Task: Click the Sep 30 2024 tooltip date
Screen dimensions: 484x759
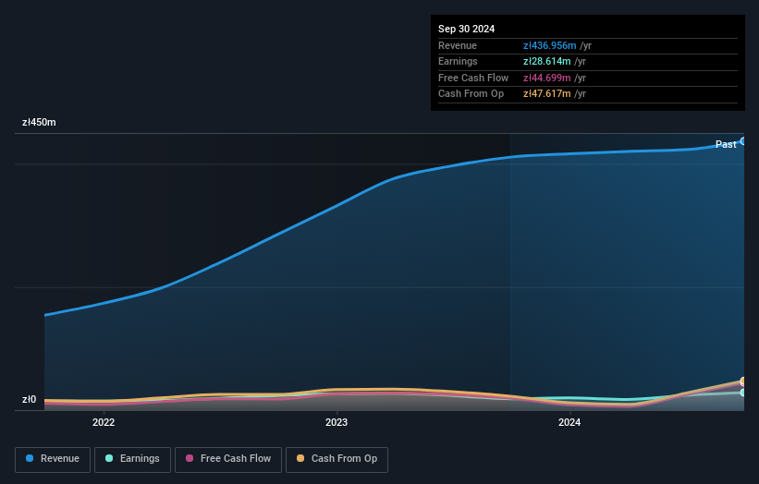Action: point(466,29)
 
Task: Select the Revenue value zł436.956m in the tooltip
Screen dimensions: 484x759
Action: point(550,45)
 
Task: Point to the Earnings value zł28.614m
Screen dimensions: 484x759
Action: point(547,62)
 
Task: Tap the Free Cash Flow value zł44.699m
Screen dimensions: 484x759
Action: point(547,78)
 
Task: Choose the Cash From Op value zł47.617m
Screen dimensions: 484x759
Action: point(547,94)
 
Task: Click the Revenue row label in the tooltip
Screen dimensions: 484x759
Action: point(458,45)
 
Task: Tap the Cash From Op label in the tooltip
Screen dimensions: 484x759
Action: point(471,94)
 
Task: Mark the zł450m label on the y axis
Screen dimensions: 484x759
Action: point(39,122)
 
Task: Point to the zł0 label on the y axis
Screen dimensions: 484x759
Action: point(30,400)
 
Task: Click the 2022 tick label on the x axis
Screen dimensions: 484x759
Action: point(104,423)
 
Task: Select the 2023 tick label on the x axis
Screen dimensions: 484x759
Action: point(337,423)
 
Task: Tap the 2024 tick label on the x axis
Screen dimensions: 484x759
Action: point(569,423)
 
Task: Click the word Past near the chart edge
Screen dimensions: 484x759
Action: point(726,144)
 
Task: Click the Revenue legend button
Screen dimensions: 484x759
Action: point(54,459)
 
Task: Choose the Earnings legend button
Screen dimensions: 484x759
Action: point(132,459)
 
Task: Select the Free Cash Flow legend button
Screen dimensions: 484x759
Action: point(228,459)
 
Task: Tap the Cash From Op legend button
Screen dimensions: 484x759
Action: point(336,459)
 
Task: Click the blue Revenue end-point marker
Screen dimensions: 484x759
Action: point(743,141)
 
